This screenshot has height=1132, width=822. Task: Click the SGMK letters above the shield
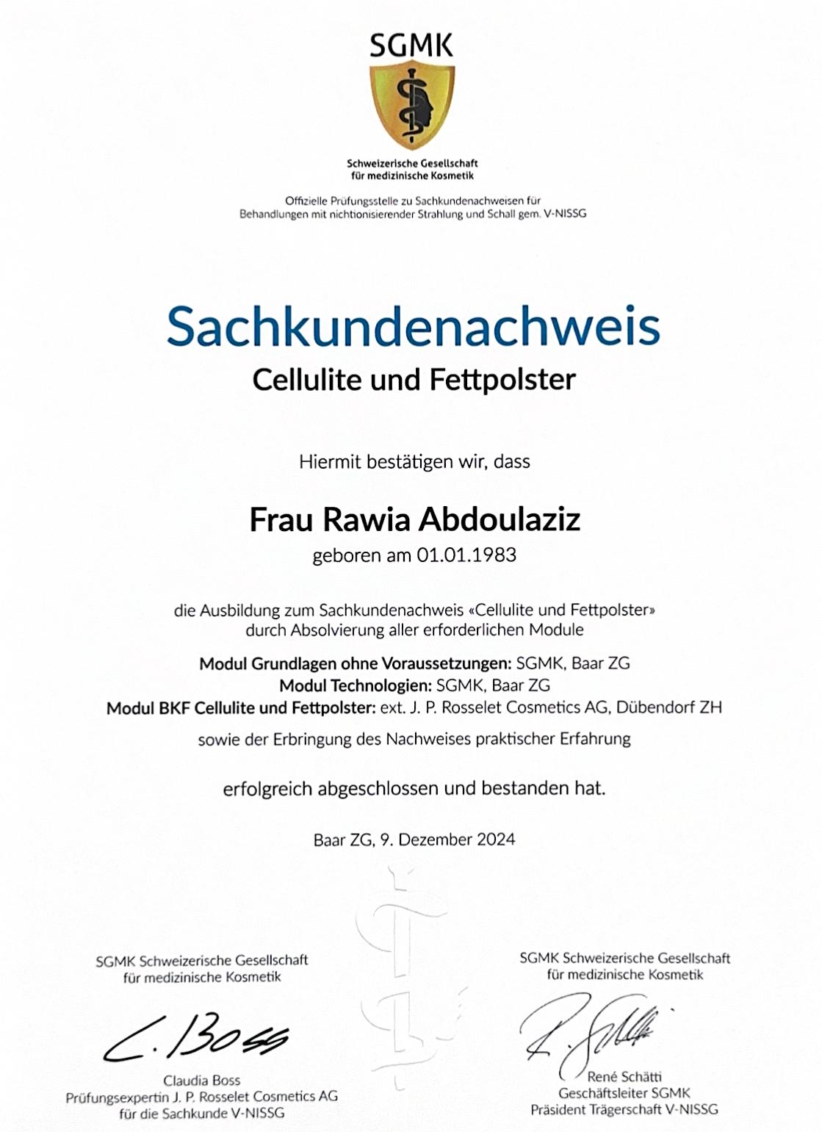[411, 46]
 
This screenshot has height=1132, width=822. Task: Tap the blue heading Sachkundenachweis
[413, 326]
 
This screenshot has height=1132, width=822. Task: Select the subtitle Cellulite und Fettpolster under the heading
[414, 380]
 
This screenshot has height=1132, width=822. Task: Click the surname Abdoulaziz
[500, 519]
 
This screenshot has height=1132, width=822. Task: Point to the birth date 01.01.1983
[466, 555]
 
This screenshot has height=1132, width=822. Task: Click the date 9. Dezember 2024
[447, 840]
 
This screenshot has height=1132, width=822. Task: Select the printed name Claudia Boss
[202, 1081]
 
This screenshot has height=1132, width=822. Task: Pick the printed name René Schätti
[624, 1077]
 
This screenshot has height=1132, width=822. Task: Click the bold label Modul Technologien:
[355, 685]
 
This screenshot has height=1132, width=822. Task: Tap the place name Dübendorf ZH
[668, 707]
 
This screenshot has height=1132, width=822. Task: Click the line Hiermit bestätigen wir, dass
[414, 462]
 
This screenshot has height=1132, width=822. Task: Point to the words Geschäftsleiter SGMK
[624, 1093]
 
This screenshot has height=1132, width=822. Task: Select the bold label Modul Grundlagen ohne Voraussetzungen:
[355, 663]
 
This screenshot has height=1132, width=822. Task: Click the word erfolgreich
[267, 789]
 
